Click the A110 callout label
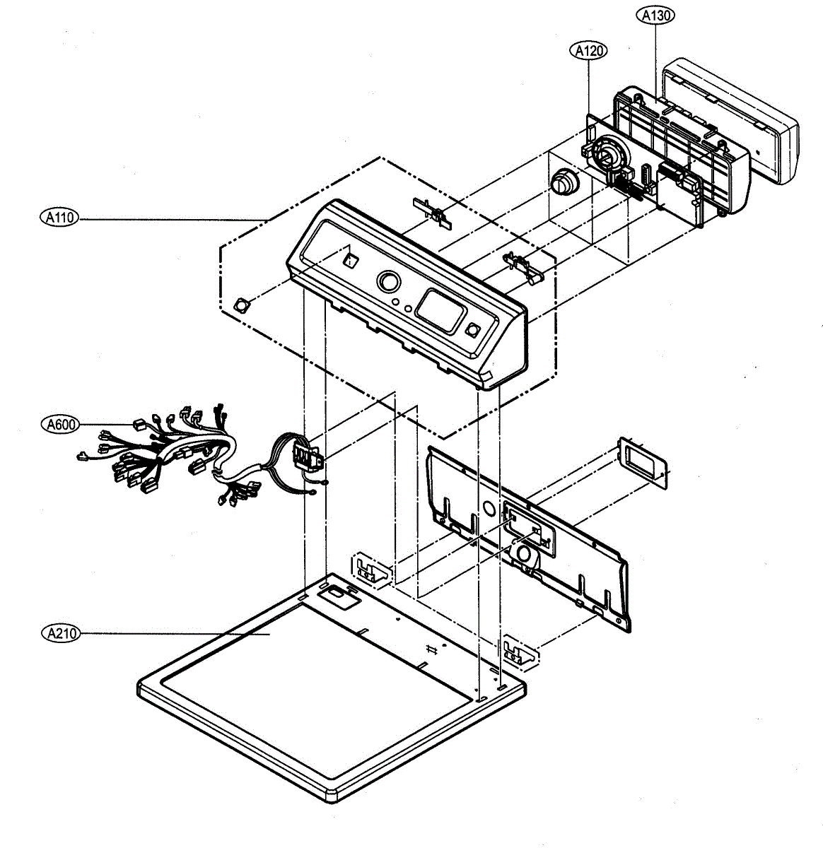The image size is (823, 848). (60, 218)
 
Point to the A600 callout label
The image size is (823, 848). (60, 424)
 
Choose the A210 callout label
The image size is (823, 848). (60, 633)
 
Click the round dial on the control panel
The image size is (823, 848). (387, 282)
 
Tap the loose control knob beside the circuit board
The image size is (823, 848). (563, 182)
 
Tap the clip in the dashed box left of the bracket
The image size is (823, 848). (370, 568)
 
